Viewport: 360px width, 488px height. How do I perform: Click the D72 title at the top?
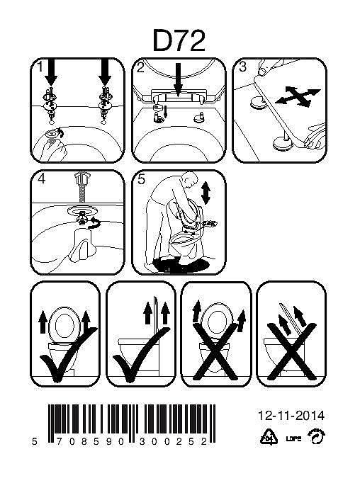tap(179, 40)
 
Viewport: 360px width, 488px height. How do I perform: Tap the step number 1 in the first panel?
tap(40, 67)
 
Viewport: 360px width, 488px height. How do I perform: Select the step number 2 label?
tap(140, 67)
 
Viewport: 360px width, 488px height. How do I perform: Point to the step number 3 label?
tap(242, 67)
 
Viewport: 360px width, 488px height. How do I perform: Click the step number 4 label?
tap(41, 178)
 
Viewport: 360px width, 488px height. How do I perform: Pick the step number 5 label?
tap(142, 180)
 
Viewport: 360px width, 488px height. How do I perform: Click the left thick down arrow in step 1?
tap(51, 72)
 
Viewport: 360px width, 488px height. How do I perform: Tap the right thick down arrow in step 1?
tap(105, 72)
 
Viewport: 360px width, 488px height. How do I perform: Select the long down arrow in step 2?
tap(178, 79)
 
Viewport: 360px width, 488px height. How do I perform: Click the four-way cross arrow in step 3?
tap(298, 96)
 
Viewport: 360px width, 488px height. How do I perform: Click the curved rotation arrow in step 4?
tap(94, 223)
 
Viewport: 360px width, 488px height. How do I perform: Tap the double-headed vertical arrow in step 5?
tap(206, 193)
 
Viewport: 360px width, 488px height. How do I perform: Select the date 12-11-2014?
tap(291, 416)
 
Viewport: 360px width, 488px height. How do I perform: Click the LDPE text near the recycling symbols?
tap(293, 438)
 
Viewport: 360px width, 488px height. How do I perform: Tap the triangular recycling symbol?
tap(269, 436)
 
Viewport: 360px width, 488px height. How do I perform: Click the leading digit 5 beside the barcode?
tap(35, 442)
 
